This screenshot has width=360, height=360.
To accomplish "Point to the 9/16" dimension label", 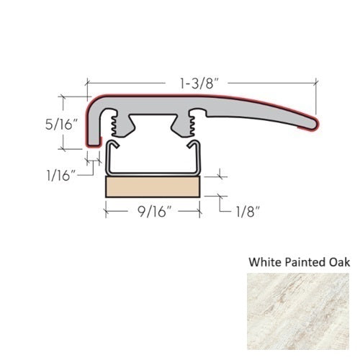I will tap(152, 212).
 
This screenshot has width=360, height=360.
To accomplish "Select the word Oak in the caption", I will tap(337, 262).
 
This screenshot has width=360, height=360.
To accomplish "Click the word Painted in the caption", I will tap(302, 262).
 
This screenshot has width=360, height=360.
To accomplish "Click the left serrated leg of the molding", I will tap(114, 126).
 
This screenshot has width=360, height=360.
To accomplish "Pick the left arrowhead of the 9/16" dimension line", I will tap(108, 212).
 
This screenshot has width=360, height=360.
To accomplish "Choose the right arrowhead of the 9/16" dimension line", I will tap(199, 212).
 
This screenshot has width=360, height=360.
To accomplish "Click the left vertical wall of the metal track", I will tap(108, 158).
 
